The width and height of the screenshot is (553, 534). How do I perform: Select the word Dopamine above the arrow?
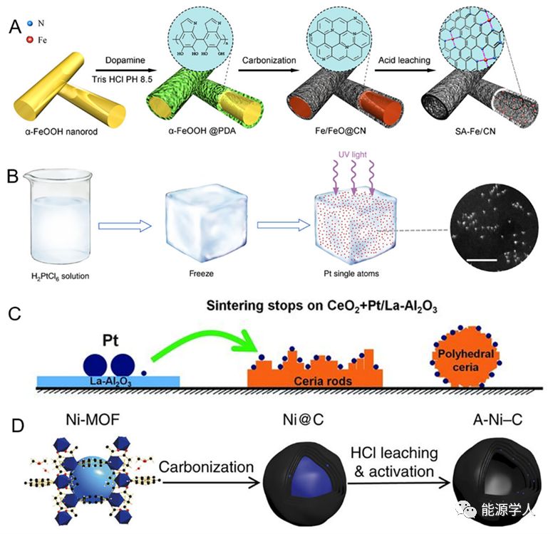click(x=125, y=60)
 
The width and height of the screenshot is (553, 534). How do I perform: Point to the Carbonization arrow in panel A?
click(x=268, y=70)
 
